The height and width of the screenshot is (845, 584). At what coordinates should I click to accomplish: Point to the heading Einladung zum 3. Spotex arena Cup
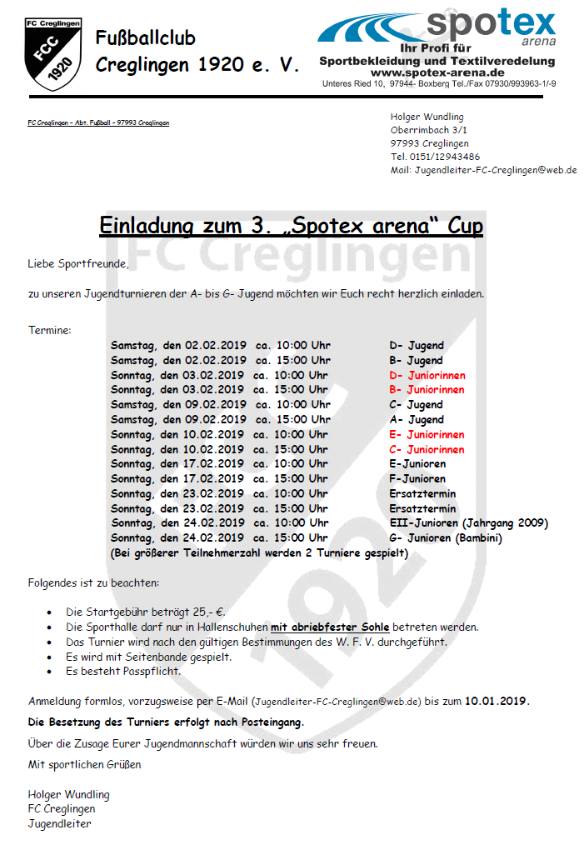point(292,225)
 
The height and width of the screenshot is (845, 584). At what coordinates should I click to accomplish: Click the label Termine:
point(50,331)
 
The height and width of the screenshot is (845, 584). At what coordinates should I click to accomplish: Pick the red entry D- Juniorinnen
point(427,375)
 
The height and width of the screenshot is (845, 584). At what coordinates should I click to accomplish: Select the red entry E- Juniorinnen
point(427,434)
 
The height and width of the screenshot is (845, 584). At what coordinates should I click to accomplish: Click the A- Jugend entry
point(416,419)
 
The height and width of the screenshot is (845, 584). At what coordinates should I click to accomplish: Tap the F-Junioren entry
point(417,478)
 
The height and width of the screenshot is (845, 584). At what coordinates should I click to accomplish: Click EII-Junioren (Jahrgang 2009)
point(468,523)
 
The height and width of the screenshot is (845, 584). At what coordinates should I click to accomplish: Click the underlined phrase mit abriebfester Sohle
point(330,627)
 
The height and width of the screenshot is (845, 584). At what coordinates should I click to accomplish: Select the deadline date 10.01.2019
point(497,701)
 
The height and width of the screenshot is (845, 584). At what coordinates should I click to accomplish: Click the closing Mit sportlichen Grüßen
point(84,764)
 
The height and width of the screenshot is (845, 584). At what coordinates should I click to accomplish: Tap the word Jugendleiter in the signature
point(59,823)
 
